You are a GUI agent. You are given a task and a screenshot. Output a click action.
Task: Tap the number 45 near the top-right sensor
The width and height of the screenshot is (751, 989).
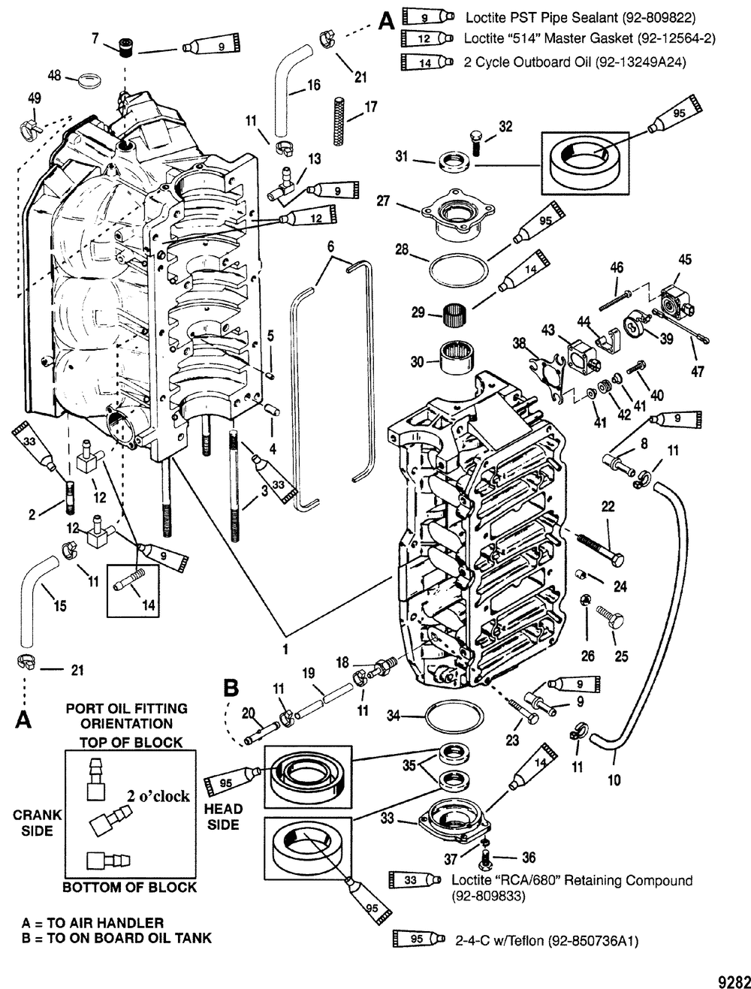685,260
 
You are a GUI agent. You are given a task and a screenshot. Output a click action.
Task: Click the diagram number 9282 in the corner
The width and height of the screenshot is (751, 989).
733,981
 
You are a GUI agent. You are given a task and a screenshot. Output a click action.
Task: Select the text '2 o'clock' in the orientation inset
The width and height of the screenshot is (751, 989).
158,796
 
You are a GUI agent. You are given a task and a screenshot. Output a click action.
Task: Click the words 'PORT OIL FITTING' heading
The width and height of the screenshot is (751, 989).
127,708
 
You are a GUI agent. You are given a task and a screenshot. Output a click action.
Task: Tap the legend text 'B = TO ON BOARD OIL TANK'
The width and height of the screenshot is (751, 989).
117,937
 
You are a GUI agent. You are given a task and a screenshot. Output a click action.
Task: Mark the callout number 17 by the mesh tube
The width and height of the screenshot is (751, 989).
370,108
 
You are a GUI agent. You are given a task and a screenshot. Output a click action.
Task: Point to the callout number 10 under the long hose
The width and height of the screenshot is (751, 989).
614,780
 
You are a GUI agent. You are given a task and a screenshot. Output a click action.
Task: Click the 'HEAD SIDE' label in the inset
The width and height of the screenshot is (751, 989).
223,816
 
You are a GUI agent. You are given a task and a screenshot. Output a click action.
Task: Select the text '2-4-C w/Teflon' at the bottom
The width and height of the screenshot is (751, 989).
499,940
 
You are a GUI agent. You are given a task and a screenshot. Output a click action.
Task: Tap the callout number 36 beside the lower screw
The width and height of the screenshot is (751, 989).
528,858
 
